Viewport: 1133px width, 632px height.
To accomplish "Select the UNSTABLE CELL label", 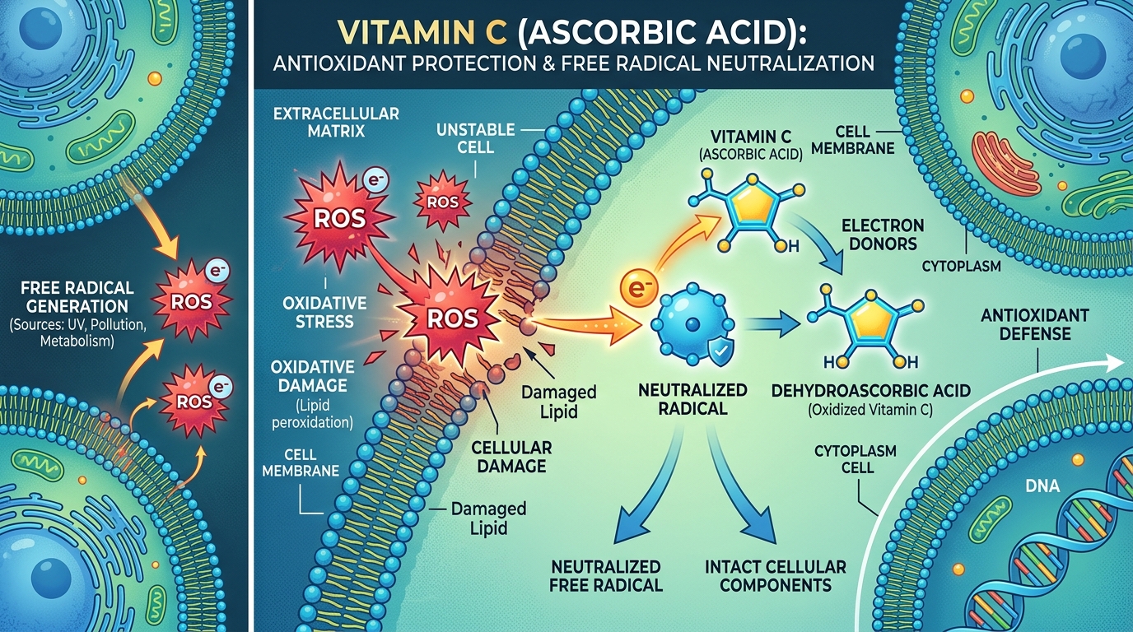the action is coord(475,138).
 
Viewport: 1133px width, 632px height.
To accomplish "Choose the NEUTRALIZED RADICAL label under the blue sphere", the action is coord(681,398).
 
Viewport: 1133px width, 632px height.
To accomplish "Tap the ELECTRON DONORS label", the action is coord(883,235).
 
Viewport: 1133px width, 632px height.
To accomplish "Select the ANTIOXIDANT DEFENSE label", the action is coord(1035,324).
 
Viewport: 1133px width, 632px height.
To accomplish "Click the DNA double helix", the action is coord(1050,551).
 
